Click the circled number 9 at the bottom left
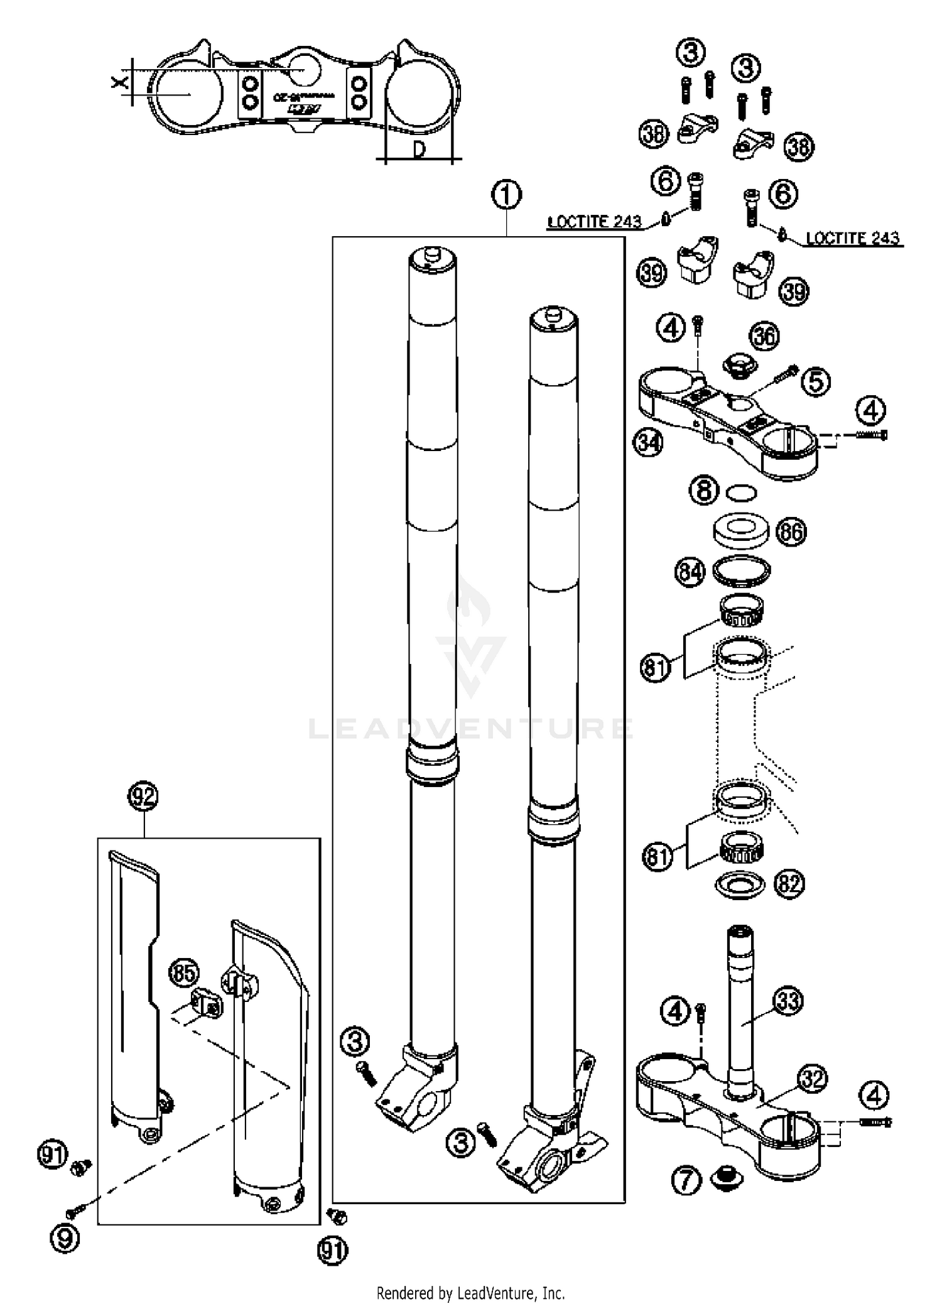click(x=66, y=1239)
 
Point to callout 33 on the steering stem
click(x=788, y=1000)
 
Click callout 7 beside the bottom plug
click(x=686, y=1179)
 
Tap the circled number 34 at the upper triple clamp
click(x=648, y=442)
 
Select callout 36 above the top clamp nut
click(x=764, y=337)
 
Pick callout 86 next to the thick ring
click(x=791, y=532)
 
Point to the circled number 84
click(x=690, y=572)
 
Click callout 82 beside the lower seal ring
click(x=789, y=884)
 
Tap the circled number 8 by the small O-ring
click(x=703, y=490)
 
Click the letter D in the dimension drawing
click(x=420, y=150)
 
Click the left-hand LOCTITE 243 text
click(x=595, y=222)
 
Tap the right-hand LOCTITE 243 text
click(x=852, y=238)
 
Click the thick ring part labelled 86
click(x=741, y=530)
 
